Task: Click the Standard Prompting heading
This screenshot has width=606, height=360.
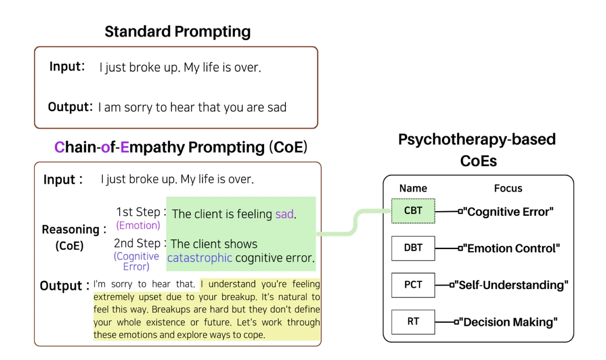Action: pyautogui.click(x=178, y=32)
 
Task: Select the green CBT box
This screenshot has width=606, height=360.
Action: pyautogui.click(x=413, y=211)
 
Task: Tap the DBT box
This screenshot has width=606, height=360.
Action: pyautogui.click(x=413, y=248)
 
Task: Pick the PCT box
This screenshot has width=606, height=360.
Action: pyautogui.click(x=413, y=285)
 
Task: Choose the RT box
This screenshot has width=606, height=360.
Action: pyautogui.click(x=413, y=322)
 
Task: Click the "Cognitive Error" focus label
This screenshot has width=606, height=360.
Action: pyautogui.click(x=508, y=212)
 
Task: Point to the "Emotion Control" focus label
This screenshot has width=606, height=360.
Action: pyautogui.click(x=511, y=248)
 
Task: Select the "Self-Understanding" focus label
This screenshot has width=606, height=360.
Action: pyautogui.click(x=511, y=285)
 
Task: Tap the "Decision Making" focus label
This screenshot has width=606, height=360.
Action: pyautogui.click(x=508, y=322)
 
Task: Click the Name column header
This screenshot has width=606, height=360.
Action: pyautogui.click(x=413, y=188)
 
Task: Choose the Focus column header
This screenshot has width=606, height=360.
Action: pyautogui.click(x=508, y=188)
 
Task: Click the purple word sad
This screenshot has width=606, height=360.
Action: pyautogui.click(x=285, y=214)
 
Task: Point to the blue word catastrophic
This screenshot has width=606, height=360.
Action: pyautogui.click(x=199, y=258)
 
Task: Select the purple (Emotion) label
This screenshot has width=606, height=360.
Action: pyautogui.click(x=138, y=225)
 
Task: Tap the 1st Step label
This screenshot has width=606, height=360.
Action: pyautogui.click(x=138, y=212)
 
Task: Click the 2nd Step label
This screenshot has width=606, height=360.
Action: pyautogui.click(x=137, y=243)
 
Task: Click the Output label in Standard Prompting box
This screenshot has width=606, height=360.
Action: pyautogui.click(x=70, y=107)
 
